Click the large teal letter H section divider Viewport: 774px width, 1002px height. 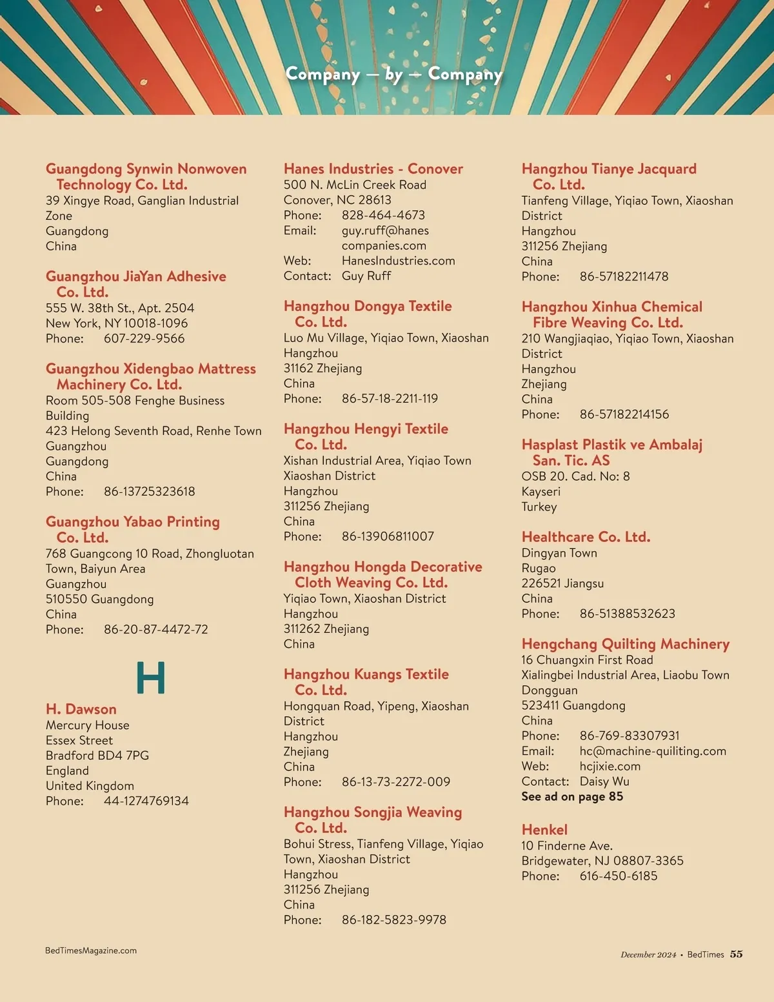point(151,677)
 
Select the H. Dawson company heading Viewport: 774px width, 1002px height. point(81,709)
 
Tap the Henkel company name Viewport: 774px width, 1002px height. point(544,830)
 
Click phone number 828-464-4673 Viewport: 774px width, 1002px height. point(383,215)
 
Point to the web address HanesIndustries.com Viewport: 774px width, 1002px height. point(398,261)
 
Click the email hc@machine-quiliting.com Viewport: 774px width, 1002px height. point(653,751)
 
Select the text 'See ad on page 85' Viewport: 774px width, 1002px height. point(572,796)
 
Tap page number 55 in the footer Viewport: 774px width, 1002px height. point(736,954)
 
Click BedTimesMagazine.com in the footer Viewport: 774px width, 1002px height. point(91,950)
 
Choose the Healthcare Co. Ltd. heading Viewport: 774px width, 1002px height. point(586,537)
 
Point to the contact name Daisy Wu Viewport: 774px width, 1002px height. point(604,781)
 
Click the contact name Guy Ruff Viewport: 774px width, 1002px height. point(366,276)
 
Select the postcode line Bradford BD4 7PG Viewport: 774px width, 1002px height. point(97,755)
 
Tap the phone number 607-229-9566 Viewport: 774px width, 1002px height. point(144,338)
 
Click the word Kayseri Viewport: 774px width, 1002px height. point(541,491)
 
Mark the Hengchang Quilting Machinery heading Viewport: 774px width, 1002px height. point(625,644)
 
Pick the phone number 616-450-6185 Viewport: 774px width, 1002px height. point(618,876)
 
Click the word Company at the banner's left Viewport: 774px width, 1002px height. point(322,74)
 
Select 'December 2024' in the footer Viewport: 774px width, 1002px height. point(648,955)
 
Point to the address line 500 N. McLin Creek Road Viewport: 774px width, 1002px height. point(355,185)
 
